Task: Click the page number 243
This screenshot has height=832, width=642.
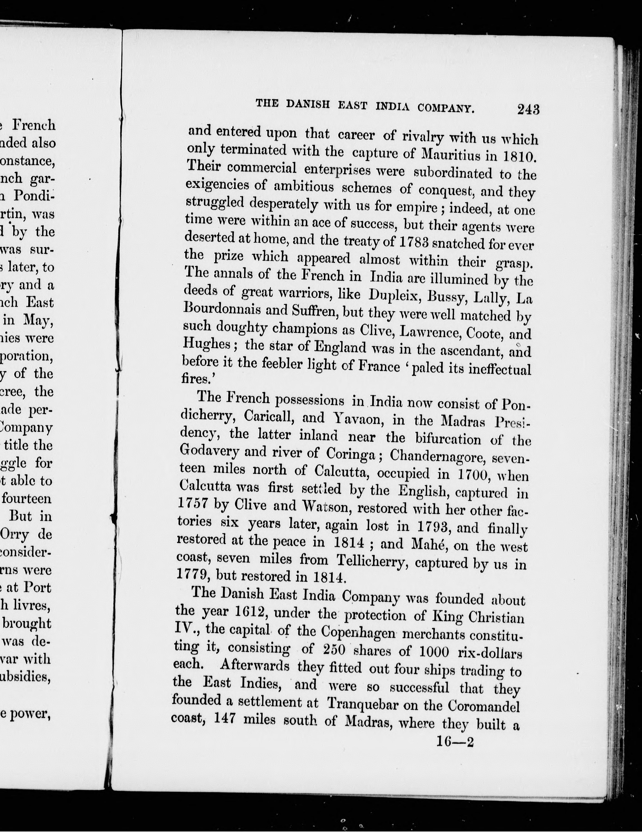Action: click(x=528, y=110)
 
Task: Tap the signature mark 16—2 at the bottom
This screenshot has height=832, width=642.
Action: click(x=455, y=742)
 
